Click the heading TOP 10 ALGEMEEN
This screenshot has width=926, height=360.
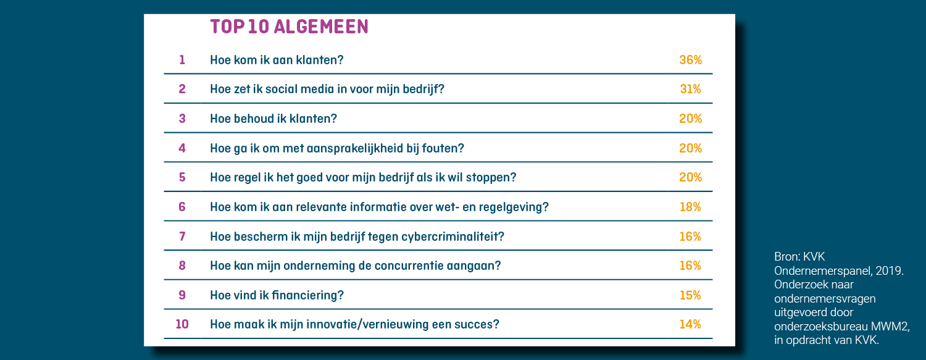pyautogui.click(x=289, y=27)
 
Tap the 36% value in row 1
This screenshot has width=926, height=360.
pyautogui.click(x=690, y=60)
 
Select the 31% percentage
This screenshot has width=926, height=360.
pyautogui.click(x=690, y=89)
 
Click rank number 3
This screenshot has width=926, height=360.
pyautogui.click(x=182, y=119)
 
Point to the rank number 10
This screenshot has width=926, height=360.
pyautogui.click(x=182, y=324)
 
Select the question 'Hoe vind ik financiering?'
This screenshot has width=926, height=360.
pyautogui.click(x=277, y=295)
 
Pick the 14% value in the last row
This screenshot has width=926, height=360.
pyautogui.click(x=690, y=324)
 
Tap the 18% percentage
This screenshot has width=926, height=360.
pyautogui.click(x=690, y=207)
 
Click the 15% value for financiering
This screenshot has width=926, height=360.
pyautogui.click(x=690, y=295)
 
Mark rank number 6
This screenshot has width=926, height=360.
pyautogui.click(x=182, y=207)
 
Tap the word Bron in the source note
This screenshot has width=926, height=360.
pyautogui.click(x=786, y=257)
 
